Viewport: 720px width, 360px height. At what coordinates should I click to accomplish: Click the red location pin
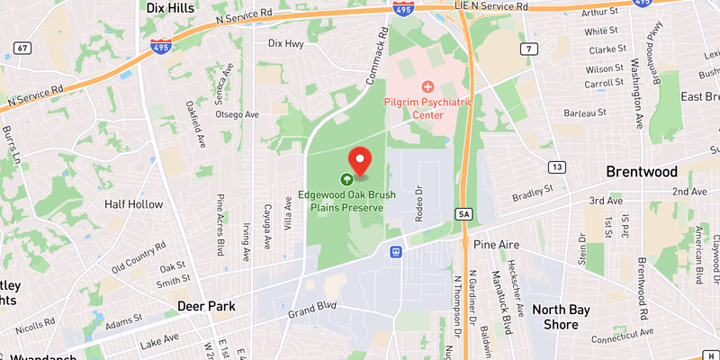tap(360, 160)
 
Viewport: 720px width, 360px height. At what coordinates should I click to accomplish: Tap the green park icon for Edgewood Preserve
tap(346, 178)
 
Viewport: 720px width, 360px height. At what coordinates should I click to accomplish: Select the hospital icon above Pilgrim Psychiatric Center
tap(427, 87)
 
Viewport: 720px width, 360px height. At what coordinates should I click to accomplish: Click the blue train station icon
tap(394, 252)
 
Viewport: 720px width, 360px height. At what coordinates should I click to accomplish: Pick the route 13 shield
tap(558, 167)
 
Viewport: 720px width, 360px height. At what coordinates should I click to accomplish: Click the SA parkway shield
tap(463, 214)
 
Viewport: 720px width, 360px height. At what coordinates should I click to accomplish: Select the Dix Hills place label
tap(171, 8)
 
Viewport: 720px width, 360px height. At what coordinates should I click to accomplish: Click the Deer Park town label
tap(206, 306)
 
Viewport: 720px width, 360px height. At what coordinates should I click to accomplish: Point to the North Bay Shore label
tap(561, 317)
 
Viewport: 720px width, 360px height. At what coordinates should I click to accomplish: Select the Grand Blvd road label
tap(311, 310)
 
